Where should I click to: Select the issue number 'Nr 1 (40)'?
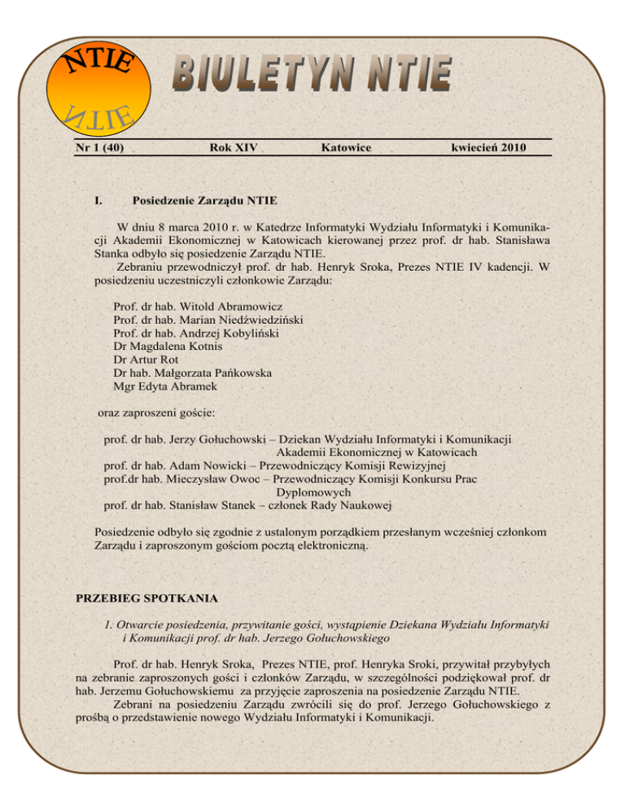coord(101,147)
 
